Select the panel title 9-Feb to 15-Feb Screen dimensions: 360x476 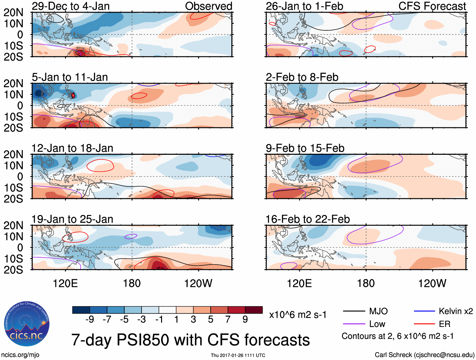pyautogui.click(x=305, y=148)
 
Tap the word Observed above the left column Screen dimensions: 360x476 pyautogui.click(x=208, y=6)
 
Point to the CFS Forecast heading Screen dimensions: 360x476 pyautogui.click(x=432, y=6)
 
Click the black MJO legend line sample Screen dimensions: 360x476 pyautogui.click(x=354, y=311)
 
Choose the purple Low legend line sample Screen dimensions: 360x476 pyautogui.click(x=354, y=324)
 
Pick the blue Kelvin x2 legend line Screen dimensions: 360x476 pyautogui.click(x=424, y=311)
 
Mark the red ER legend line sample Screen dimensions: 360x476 pyautogui.click(x=424, y=324)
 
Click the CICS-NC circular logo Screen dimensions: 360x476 pyautogui.click(x=26, y=324)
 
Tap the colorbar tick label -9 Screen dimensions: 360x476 pyautogui.click(x=90, y=320)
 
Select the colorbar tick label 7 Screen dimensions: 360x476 pyautogui.click(x=228, y=320)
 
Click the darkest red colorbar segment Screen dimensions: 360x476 pyautogui.click(x=254, y=310)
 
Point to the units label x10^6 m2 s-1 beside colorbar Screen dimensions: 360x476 pyautogui.click(x=298, y=315)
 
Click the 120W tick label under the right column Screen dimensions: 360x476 pyautogui.click(x=432, y=283)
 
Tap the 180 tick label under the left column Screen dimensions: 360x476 pyautogui.click(x=132, y=283)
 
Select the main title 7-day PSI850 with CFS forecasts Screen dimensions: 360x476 pyautogui.click(x=190, y=340)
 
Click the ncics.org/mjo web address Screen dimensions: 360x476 pyautogui.click(x=20, y=355)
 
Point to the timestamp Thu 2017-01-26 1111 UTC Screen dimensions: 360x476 pyautogui.click(x=238, y=355)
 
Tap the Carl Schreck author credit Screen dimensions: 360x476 pyautogui.click(x=424, y=355)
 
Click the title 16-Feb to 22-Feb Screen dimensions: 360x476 pyautogui.click(x=307, y=219)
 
